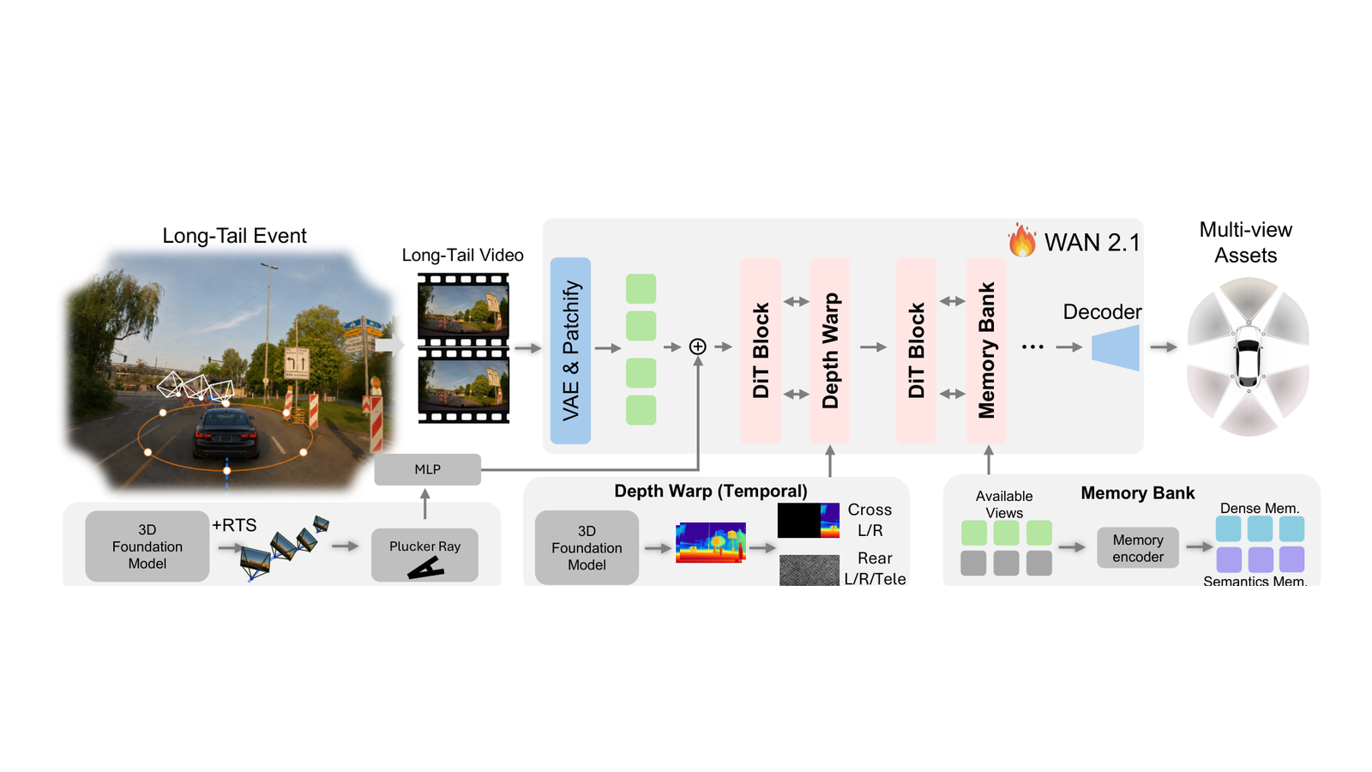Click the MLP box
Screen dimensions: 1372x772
pyautogui.click(x=428, y=469)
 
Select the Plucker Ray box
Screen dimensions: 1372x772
pyautogui.click(x=424, y=555)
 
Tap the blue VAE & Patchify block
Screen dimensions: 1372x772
pyautogui.click(x=570, y=351)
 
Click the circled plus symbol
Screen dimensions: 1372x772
pyautogui.click(x=698, y=347)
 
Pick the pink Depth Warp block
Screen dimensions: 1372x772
pyautogui.click(x=829, y=351)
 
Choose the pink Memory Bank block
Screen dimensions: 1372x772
pyautogui.click(x=986, y=351)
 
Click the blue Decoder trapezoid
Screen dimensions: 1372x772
pyautogui.click(x=1116, y=347)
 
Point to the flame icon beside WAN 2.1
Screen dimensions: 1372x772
pyautogui.click(x=1022, y=240)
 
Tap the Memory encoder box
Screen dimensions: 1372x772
pyautogui.click(x=1137, y=548)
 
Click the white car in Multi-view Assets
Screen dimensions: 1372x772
pyautogui.click(x=1249, y=356)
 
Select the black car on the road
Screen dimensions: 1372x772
pyautogui.click(x=226, y=434)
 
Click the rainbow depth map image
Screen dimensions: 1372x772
pyautogui.click(x=711, y=542)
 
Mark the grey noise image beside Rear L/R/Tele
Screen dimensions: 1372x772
pyautogui.click(x=809, y=570)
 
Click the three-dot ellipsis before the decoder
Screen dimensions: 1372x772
pyautogui.click(x=1032, y=347)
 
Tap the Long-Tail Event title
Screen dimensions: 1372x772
pyautogui.click(x=234, y=236)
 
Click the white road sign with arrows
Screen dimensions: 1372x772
pyautogui.click(x=297, y=364)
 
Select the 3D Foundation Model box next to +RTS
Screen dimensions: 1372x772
pyautogui.click(x=147, y=546)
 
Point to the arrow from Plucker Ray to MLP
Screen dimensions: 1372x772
pyautogui.click(x=425, y=504)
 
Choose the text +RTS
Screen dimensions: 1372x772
pyautogui.click(x=234, y=525)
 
